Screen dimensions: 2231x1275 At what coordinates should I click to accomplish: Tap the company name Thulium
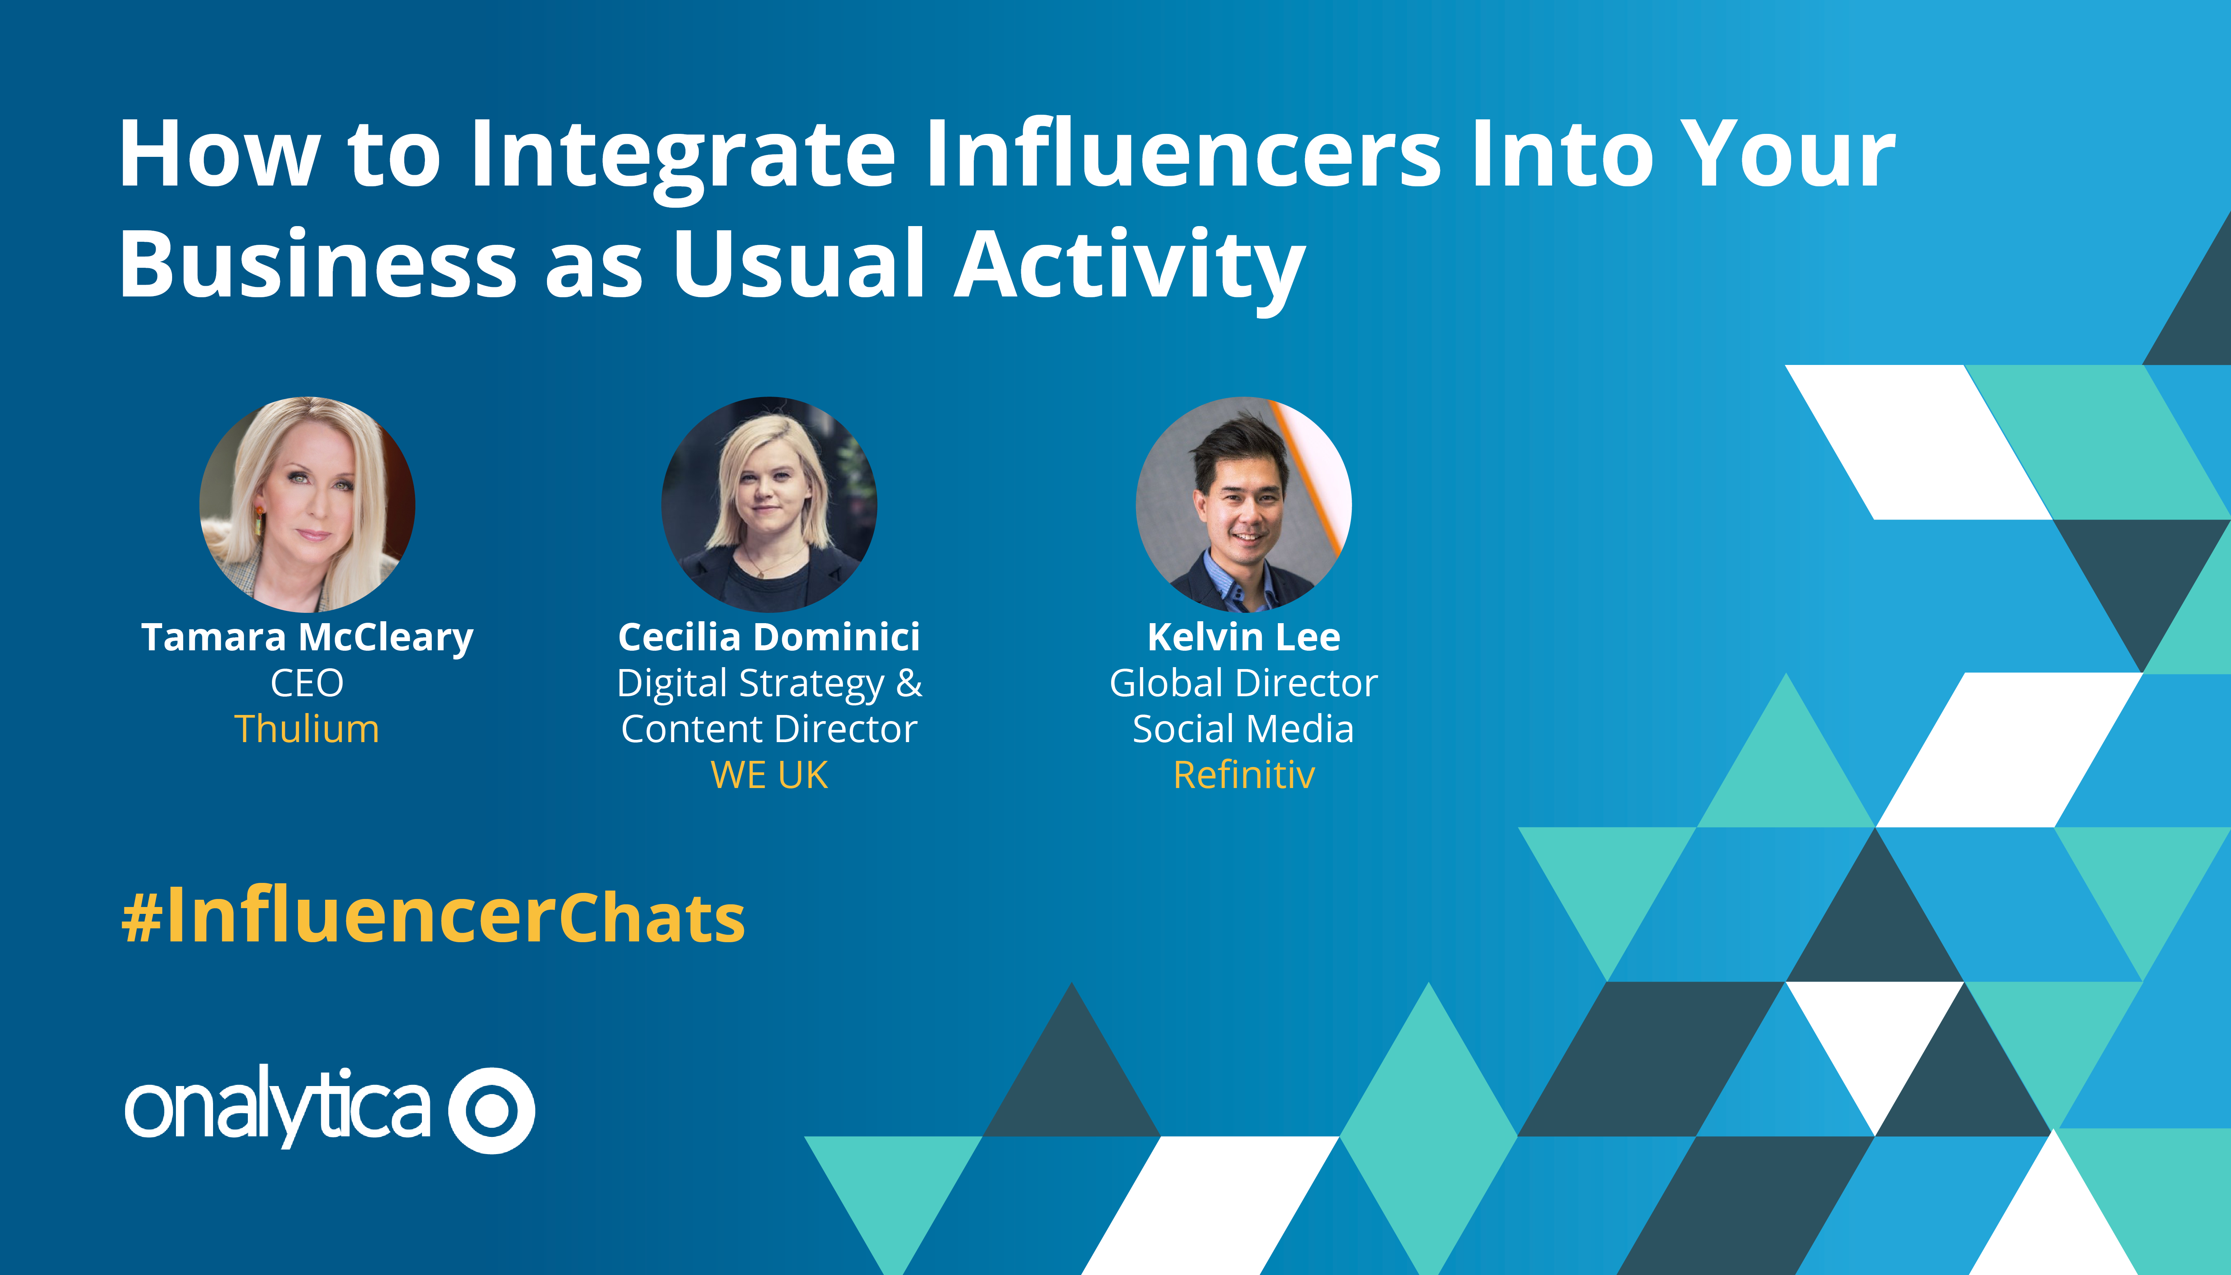click(308, 729)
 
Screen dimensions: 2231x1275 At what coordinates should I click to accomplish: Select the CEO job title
click(308, 683)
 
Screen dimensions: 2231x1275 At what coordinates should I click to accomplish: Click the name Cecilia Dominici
click(769, 637)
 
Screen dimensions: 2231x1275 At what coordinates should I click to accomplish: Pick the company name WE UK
click(769, 775)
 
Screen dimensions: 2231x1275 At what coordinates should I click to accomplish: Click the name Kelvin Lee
click(1243, 637)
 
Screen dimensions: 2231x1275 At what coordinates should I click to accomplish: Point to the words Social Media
click(1243, 729)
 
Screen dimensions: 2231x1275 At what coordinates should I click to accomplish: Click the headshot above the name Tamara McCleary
click(308, 505)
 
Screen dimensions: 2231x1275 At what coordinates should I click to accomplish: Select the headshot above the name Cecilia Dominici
click(769, 505)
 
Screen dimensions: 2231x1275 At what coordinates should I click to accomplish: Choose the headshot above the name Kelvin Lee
click(1243, 505)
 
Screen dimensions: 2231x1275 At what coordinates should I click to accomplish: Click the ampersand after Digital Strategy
click(909, 683)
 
